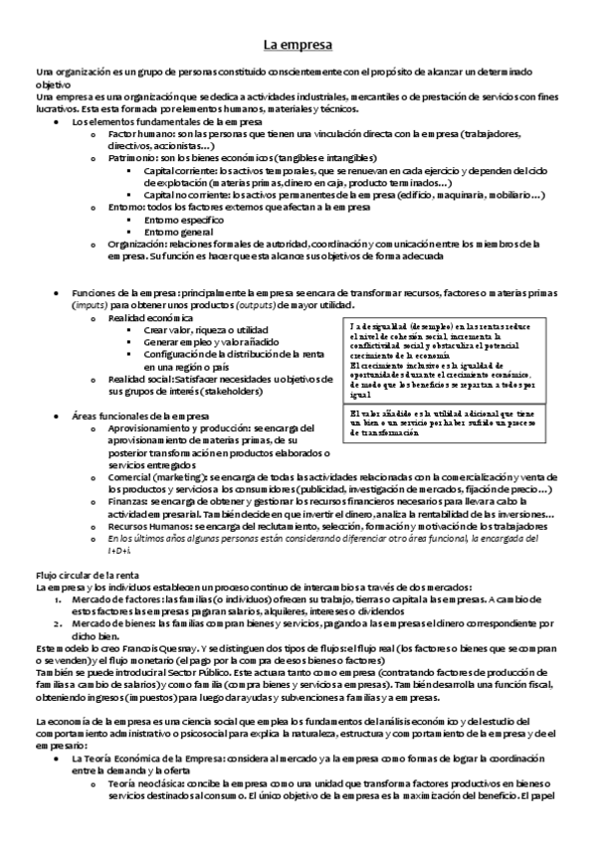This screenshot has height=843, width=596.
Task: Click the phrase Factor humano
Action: coord(134,132)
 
